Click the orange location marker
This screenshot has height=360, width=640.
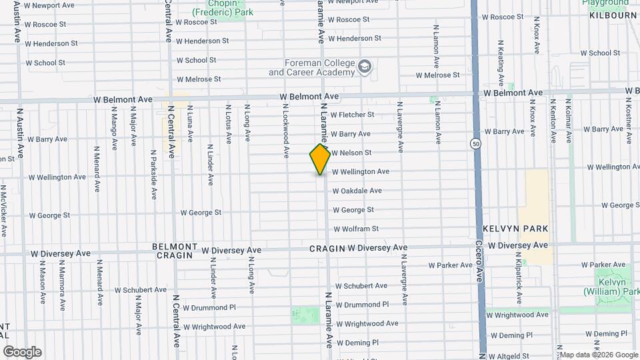coord(320,159)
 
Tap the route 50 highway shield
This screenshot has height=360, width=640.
coord(475,143)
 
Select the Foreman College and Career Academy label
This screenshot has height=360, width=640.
coord(311,67)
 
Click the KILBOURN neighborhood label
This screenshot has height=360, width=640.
coord(613,15)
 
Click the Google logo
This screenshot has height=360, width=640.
coord(22,352)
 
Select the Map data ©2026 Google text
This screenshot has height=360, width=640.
coord(599,355)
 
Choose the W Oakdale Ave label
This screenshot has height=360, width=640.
coord(357,191)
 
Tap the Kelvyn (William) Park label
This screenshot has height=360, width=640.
coord(612,287)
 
